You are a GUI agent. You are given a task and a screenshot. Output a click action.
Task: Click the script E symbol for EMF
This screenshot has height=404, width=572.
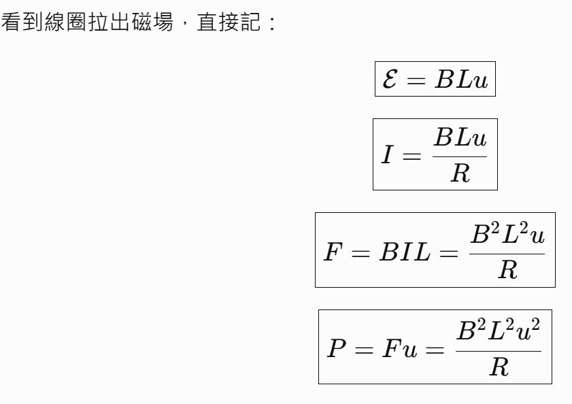tap(390, 78)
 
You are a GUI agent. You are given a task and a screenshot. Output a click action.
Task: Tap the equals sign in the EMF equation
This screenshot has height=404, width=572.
tap(416, 80)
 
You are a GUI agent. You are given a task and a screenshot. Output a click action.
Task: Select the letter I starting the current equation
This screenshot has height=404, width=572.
tap(388, 154)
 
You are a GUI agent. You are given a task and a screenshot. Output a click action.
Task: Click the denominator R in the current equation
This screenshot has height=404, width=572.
tap(460, 173)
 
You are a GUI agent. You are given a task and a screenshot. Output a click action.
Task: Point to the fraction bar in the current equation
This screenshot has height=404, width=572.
tap(460, 156)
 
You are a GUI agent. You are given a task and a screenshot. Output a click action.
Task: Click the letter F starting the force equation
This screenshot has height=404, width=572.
tap(333, 252)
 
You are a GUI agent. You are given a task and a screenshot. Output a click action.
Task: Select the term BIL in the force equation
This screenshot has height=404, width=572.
tap(405, 252)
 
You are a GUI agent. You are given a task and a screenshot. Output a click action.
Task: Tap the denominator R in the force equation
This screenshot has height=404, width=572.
tap(507, 270)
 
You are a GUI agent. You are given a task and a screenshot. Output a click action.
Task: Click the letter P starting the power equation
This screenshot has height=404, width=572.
tap(337, 348)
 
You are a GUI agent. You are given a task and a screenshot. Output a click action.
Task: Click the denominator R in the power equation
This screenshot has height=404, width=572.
tap(499, 367)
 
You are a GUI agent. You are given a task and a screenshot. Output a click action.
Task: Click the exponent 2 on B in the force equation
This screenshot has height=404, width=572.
tap(494, 227)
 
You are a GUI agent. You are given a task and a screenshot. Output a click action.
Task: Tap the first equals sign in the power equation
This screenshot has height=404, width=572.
tap(364, 350)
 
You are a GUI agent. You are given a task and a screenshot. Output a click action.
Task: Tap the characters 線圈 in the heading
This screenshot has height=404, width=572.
tap(66, 22)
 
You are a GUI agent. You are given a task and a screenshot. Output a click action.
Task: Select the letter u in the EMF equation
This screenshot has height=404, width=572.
tap(480, 81)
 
